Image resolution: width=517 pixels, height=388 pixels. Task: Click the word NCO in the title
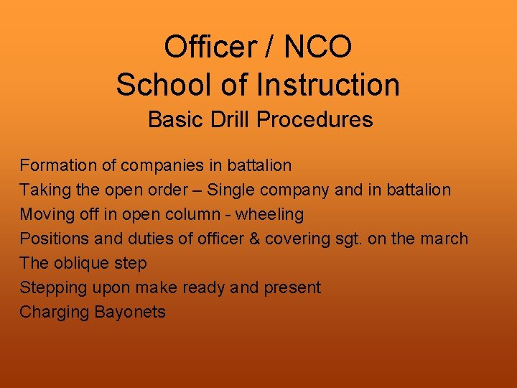pos(318,47)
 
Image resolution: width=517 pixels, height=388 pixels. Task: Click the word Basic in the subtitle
pos(173,119)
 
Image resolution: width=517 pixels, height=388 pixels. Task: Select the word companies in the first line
pos(162,165)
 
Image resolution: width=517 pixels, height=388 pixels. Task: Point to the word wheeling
pos(270,214)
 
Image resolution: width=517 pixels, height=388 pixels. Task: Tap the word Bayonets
pos(130,312)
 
